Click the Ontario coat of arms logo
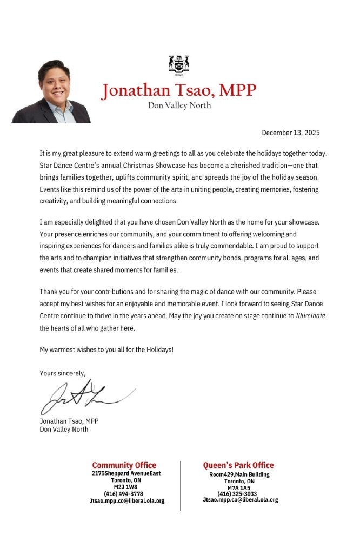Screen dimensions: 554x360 179,65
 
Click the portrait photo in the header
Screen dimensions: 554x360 51,92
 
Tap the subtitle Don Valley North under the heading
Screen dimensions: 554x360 179,105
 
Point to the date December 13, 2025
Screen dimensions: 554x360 291,133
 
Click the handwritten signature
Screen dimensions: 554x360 81,397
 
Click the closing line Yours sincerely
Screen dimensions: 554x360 62,373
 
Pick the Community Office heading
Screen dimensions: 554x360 124,465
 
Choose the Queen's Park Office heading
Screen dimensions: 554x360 238,465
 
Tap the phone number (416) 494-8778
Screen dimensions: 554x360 124,493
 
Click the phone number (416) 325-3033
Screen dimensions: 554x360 237,493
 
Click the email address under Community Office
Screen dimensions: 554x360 126,501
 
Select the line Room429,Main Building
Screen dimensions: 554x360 239,474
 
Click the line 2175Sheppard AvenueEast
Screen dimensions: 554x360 126,473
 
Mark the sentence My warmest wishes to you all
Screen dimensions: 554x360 106,349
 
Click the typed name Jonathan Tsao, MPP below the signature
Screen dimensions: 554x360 69,421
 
